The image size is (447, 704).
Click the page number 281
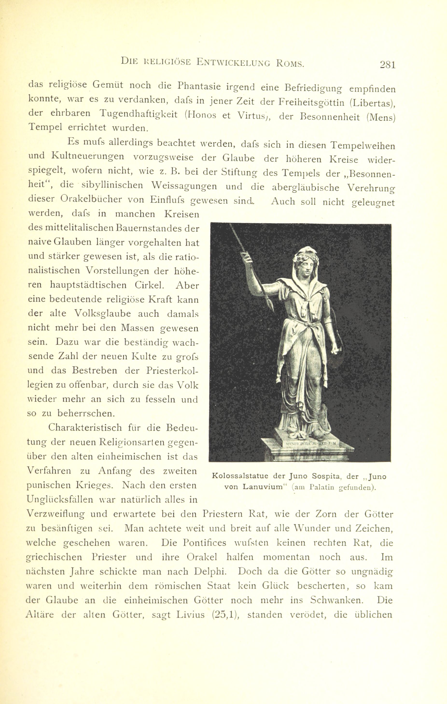coord(387,64)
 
